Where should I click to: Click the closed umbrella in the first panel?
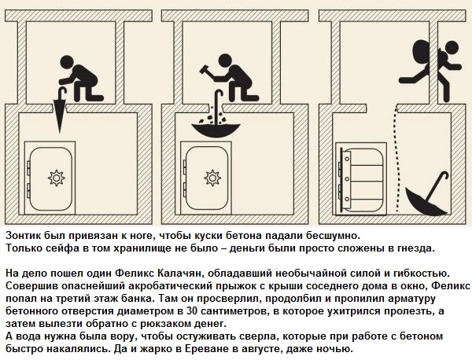click(61, 112)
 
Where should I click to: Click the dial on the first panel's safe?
click(57, 178)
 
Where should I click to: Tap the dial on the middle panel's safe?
click(212, 178)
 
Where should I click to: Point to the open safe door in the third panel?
click(345, 178)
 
